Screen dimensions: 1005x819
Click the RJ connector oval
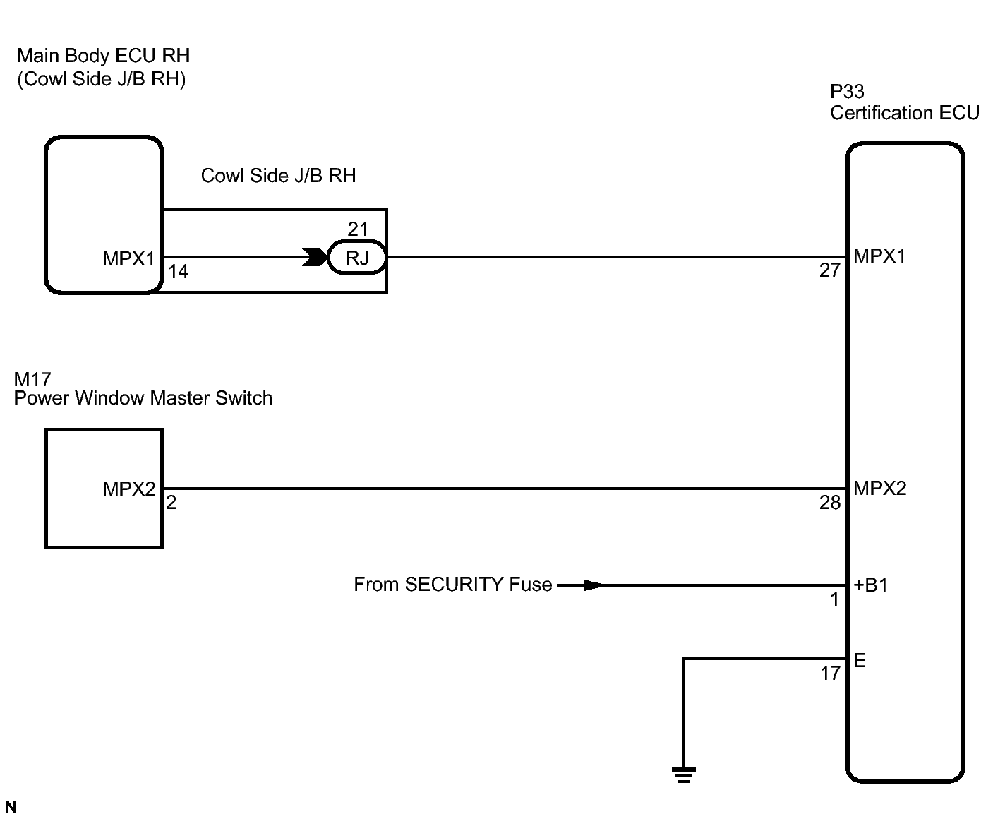(x=356, y=257)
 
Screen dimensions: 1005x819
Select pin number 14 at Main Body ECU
(x=179, y=271)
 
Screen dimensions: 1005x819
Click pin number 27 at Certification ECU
(x=830, y=270)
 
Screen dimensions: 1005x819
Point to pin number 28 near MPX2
(x=830, y=503)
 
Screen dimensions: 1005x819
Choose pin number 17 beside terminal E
(x=831, y=674)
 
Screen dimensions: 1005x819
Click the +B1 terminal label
(x=871, y=585)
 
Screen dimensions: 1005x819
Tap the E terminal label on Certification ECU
(x=860, y=660)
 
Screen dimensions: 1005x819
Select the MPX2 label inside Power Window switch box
(x=129, y=489)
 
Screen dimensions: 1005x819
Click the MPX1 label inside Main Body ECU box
(x=129, y=258)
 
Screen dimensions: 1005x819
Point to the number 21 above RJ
(x=358, y=229)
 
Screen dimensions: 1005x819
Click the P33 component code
(x=847, y=92)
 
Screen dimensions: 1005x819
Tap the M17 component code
(x=32, y=379)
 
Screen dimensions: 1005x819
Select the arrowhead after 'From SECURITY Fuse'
(x=593, y=585)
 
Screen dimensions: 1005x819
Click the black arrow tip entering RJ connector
(x=315, y=257)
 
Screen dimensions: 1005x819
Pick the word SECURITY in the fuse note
(x=454, y=585)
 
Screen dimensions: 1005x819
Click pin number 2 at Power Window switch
(x=171, y=503)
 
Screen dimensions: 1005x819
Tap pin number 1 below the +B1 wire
(x=835, y=599)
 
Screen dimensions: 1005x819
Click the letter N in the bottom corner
(x=11, y=807)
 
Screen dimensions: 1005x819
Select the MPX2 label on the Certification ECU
(x=880, y=489)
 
